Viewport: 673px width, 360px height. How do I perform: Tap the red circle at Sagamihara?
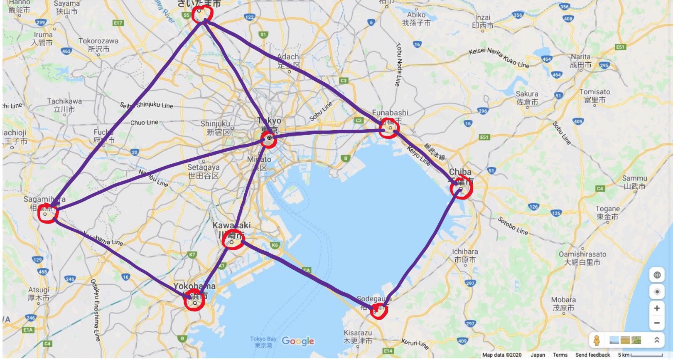pos(47,214)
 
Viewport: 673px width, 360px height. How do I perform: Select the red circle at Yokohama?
pos(194,300)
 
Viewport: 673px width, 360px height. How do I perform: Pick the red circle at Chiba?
pos(461,188)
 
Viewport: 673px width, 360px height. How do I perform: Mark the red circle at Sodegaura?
pos(378,310)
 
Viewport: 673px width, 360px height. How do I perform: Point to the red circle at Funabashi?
pos(389,128)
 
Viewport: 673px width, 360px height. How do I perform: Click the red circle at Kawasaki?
pos(233,239)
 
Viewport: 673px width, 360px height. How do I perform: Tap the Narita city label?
pos(580,61)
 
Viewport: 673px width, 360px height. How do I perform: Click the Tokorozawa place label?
pos(98,45)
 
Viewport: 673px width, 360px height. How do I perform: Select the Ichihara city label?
pos(465,256)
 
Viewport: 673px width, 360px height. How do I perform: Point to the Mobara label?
pos(563,304)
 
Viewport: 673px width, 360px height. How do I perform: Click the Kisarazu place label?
pos(358,337)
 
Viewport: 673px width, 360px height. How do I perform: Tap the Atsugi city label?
pos(39,293)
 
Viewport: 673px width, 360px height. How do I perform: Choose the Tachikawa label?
pos(64,105)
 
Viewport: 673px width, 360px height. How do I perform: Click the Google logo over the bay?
pos(298,341)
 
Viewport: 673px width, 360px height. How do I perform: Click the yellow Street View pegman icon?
pos(597,340)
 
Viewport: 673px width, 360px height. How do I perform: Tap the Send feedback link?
pos(592,355)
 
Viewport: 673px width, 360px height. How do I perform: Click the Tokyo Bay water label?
pos(263,342)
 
